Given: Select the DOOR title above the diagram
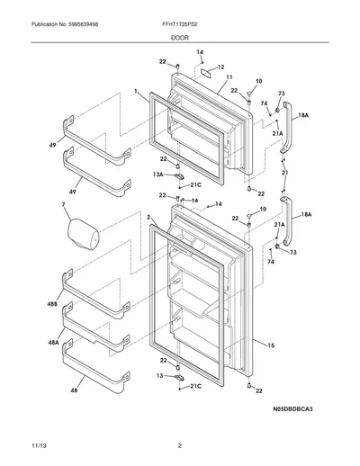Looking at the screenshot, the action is (x=180, y=38).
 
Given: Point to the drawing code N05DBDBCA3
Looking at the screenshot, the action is (x=292, y=408).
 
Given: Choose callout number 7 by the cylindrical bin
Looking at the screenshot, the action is (x=63, y=205).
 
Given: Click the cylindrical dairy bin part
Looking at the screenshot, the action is (x=84, y=234).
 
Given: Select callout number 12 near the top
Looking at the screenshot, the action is (x=220, y=67).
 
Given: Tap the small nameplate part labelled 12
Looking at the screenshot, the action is (x=206, y=73).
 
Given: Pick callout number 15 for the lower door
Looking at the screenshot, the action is (x=271, y=345).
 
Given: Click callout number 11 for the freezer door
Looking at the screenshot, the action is (x=229, y=77).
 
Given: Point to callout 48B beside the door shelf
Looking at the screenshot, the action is (x=52, y=304).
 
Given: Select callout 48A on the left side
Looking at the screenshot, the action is (x=53, y=342).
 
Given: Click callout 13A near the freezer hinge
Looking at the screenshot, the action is (x=158, y=175).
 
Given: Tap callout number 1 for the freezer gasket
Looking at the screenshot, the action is (x=136, y=91).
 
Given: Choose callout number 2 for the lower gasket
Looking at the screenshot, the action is (x=148, y=217).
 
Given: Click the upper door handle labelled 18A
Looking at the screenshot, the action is (x=286, y=128).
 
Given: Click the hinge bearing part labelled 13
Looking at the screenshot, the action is (x=179, y=378).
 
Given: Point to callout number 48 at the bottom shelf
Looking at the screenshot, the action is (x=74, y=390).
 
